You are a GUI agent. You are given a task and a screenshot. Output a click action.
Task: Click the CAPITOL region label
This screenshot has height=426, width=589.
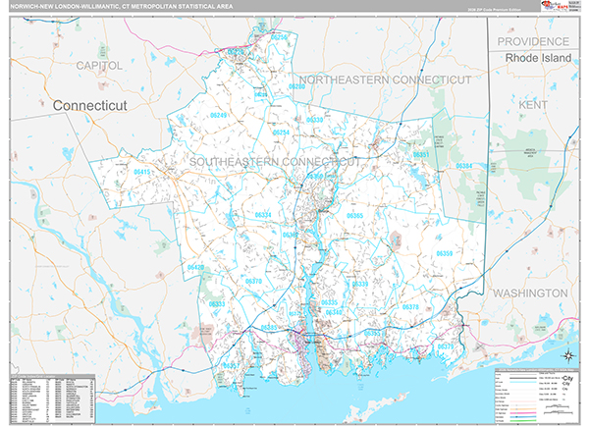click(98, 65)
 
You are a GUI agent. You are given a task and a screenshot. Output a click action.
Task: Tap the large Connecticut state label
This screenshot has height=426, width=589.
click(91, 104)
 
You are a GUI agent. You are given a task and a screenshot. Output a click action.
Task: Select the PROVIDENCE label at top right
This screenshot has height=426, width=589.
click(533, 41)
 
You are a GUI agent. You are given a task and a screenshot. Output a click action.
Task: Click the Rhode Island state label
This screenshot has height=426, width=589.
click(537, 59)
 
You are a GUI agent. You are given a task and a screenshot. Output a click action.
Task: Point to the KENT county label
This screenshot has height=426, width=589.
click(534, 103)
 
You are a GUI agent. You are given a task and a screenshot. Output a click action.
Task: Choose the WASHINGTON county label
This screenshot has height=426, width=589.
click(530, 293)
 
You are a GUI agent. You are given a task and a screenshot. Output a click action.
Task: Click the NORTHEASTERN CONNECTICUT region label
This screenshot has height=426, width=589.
click(385, 79)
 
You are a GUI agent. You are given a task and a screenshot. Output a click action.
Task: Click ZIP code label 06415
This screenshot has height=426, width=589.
click(143, 172)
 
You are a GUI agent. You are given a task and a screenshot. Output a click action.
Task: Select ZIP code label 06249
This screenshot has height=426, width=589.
click(217, 116)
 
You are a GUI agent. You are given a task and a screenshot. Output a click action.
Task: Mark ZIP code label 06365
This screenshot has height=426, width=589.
click(354, 215)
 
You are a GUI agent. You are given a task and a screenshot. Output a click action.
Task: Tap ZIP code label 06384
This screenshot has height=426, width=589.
click(463, 166)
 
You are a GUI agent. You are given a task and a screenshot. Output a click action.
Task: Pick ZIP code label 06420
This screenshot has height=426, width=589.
click(196, 267)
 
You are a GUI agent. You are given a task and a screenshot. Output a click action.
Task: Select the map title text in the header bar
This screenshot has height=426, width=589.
click(113, 6)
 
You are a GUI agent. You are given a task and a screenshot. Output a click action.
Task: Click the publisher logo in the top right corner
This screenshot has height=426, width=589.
click(552, 8)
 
